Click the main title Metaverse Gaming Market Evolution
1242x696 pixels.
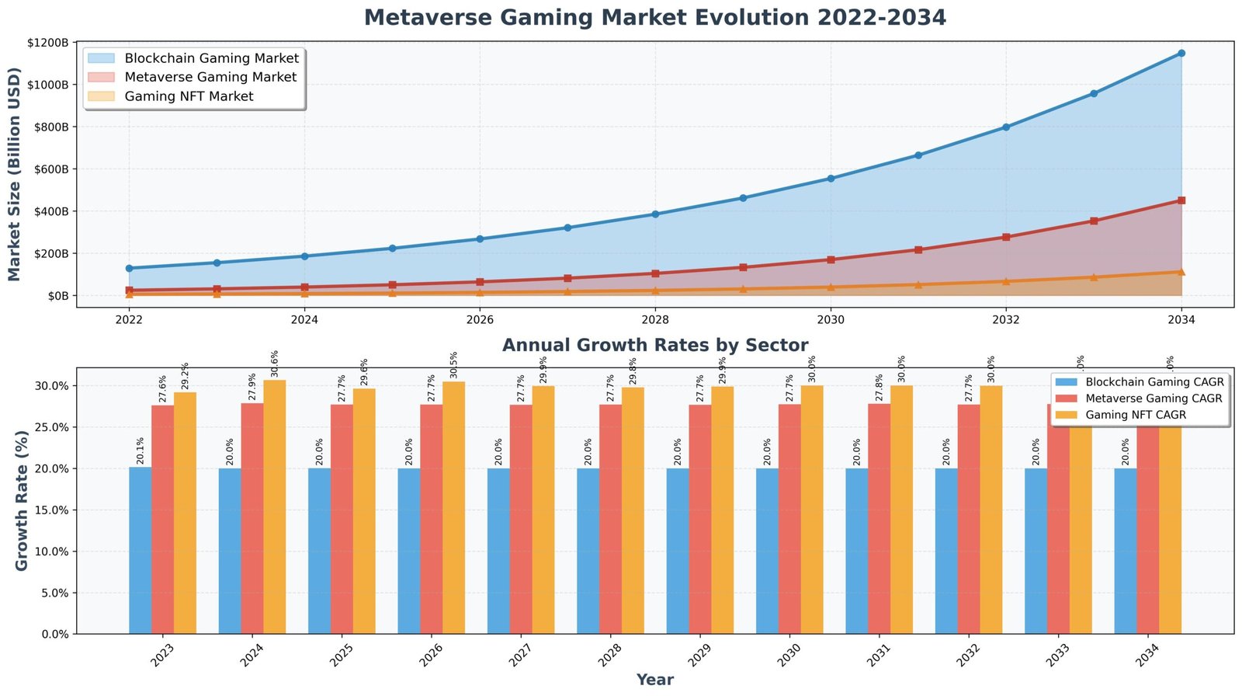654,17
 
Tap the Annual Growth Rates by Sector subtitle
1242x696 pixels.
654,345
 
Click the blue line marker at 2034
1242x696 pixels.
1181,53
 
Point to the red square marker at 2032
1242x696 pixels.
1006,237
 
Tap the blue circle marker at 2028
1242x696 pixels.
655,214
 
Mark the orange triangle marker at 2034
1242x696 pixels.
1181,272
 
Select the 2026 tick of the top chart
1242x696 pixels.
480,318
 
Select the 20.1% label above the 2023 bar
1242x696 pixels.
141,451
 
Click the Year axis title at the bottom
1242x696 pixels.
654,680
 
